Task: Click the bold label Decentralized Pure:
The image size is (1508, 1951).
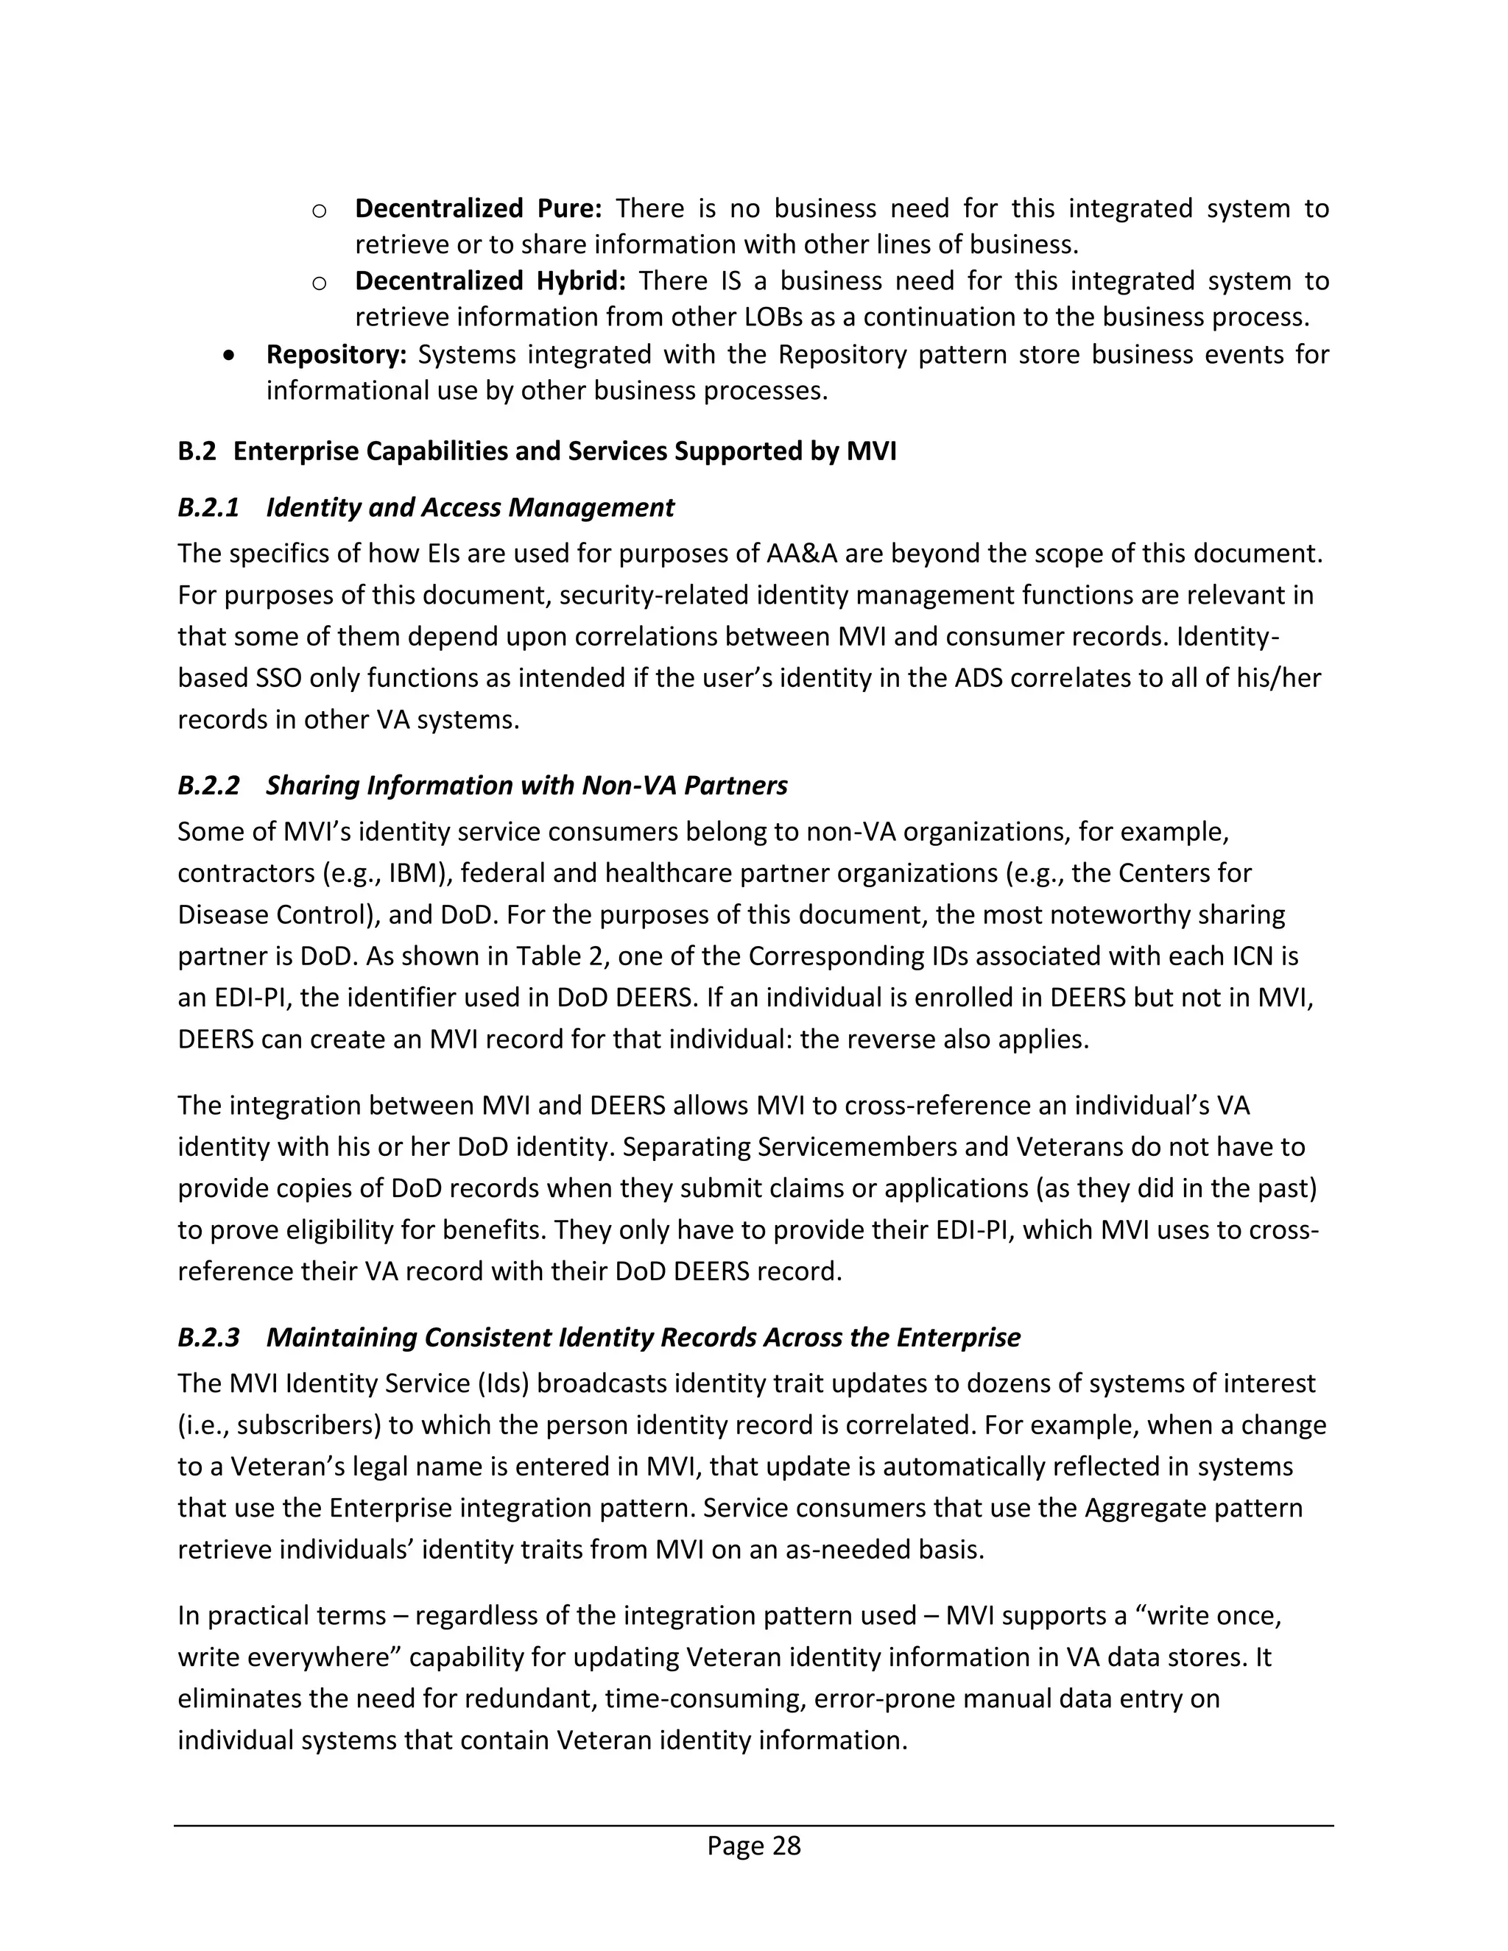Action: click(478, 208)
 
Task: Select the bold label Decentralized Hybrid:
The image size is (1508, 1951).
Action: click(490, 281)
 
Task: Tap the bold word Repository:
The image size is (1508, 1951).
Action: click(336, 355)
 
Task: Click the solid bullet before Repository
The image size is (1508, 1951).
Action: click(230, 356)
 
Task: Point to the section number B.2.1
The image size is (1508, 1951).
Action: click(208, 507)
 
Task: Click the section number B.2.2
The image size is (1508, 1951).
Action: click(208, 786)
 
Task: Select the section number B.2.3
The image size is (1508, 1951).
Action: click(208, 1337)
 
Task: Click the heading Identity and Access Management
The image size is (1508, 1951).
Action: click(470, 507)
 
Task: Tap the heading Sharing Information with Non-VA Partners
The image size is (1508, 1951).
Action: click(526, 786)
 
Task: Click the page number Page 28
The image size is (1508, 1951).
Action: click(753, 1846)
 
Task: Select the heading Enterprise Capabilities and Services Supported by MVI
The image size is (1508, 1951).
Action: click(565, 451)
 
